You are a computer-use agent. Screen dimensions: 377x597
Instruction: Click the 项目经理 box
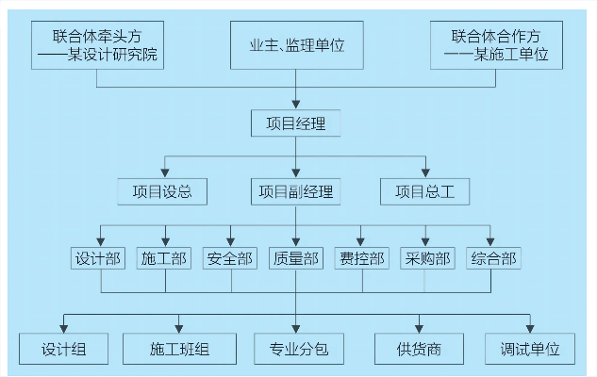[x=296, y=123]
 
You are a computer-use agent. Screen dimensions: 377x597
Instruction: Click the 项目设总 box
[x=162, y=191]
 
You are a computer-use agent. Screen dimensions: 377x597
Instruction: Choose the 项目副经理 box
[x=296, y=191]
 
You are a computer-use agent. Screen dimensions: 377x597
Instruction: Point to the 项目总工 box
[x=425, y=191]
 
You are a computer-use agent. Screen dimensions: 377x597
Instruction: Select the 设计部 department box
[x=99, y=257]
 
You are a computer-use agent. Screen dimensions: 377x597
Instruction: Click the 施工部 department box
[x=164, y=257]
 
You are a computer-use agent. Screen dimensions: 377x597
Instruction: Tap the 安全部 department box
[x=230, y=257]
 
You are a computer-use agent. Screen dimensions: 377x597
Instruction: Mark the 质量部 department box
[x=296, y=257]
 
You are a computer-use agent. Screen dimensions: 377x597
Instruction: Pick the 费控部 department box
[x=361, y=257]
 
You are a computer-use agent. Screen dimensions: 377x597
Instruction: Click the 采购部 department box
[x=427, y=257]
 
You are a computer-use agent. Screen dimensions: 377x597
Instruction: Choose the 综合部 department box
[x=492, y=257]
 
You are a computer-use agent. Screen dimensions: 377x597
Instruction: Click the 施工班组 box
[x=179, y=349]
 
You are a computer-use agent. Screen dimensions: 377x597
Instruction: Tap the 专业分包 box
[x=296, y=349]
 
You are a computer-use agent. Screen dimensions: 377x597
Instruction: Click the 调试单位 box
[x=530, y=349]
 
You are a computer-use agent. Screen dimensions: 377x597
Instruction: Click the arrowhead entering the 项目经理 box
[x=296, y=104]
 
